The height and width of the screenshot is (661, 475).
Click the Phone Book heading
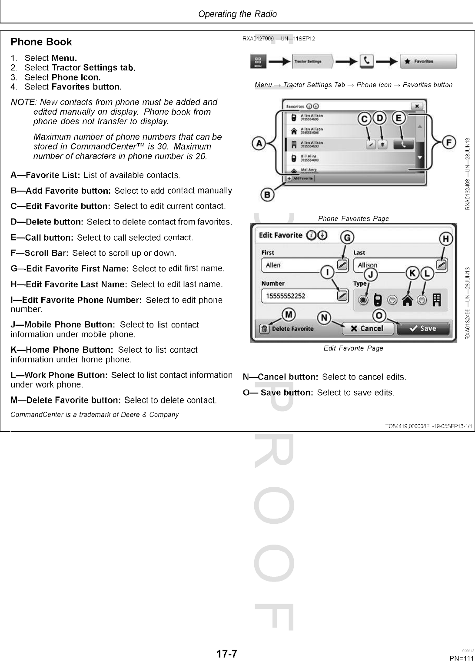tap(41, 42)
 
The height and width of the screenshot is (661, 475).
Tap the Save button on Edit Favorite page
tap(422, 328)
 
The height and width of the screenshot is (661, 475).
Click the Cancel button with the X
tap(367, 328)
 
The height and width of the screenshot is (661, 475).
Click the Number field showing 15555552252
tap(299, 296)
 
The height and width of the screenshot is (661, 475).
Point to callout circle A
tap(259, 143)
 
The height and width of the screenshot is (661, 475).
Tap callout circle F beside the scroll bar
tap(449, 142)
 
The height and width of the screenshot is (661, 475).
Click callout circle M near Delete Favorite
tap(289, 314)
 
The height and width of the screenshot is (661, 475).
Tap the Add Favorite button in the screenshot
tap(300, 178)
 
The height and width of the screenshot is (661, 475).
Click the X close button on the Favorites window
tap(416, 106)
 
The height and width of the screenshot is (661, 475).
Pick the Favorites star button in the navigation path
tap(428, 62)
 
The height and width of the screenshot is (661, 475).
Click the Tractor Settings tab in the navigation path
tap(312, 62)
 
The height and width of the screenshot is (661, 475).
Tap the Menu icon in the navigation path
tap(258, 62)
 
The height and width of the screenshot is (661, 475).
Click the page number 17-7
tap(227, 654)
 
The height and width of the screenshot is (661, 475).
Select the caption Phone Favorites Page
tap(353, 218)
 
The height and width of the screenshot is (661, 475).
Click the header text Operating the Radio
tap(237, 14)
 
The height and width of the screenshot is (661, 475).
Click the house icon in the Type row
tap(407, 300)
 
